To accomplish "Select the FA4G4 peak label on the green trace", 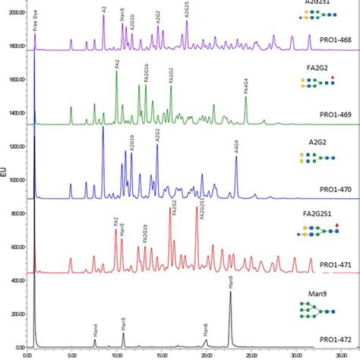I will (246, 84).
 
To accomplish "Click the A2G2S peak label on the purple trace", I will (187, 11).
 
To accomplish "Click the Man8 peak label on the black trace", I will (205, 330).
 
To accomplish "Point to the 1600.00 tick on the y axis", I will (14, 79).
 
